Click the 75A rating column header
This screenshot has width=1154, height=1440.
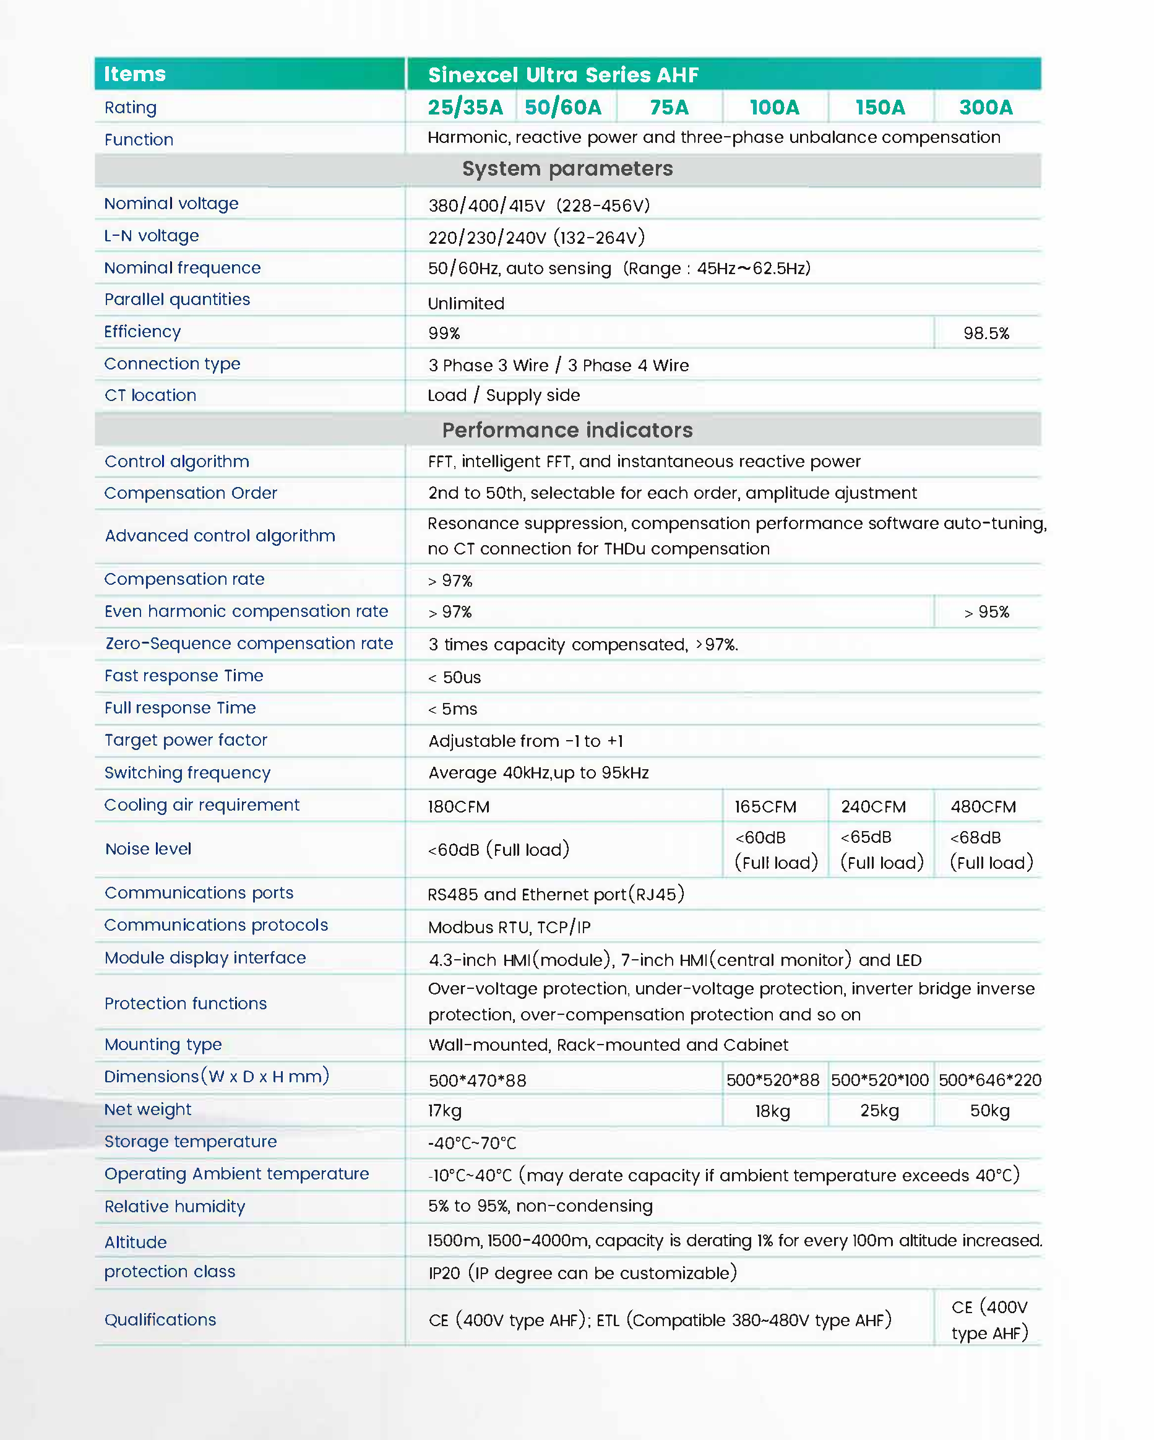(x=668, y=108)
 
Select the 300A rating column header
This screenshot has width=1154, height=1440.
(x=986, y=108)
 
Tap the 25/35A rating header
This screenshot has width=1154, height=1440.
(x=465, y=108)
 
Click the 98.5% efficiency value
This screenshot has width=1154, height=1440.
(x=986, y=334)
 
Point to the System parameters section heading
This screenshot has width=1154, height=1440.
(x=567, y=169)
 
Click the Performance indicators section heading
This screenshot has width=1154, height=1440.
(x=567, y=430)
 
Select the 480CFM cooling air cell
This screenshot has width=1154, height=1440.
(x=983, y=807)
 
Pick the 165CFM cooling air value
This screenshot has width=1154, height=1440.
(x=765, y=807)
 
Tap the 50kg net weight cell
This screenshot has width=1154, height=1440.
(x=989, y=1111)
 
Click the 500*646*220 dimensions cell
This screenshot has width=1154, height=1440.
(x=989, y=1080)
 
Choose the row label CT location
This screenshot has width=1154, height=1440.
(x=150, y=395)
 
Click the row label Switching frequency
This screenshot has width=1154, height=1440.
(x=187, y=773)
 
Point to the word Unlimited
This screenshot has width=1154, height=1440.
(x=466, y=304)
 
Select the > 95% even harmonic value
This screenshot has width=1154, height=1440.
(x=986, y=612)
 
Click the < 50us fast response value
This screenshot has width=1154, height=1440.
(x=454, y=677)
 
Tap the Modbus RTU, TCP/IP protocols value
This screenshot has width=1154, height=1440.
(x=509, y=927)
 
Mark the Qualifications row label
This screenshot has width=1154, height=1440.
(x=160, y=1320)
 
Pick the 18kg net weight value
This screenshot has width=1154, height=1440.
(x=773, y=1111)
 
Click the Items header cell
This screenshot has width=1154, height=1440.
(x=135, y=74)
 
